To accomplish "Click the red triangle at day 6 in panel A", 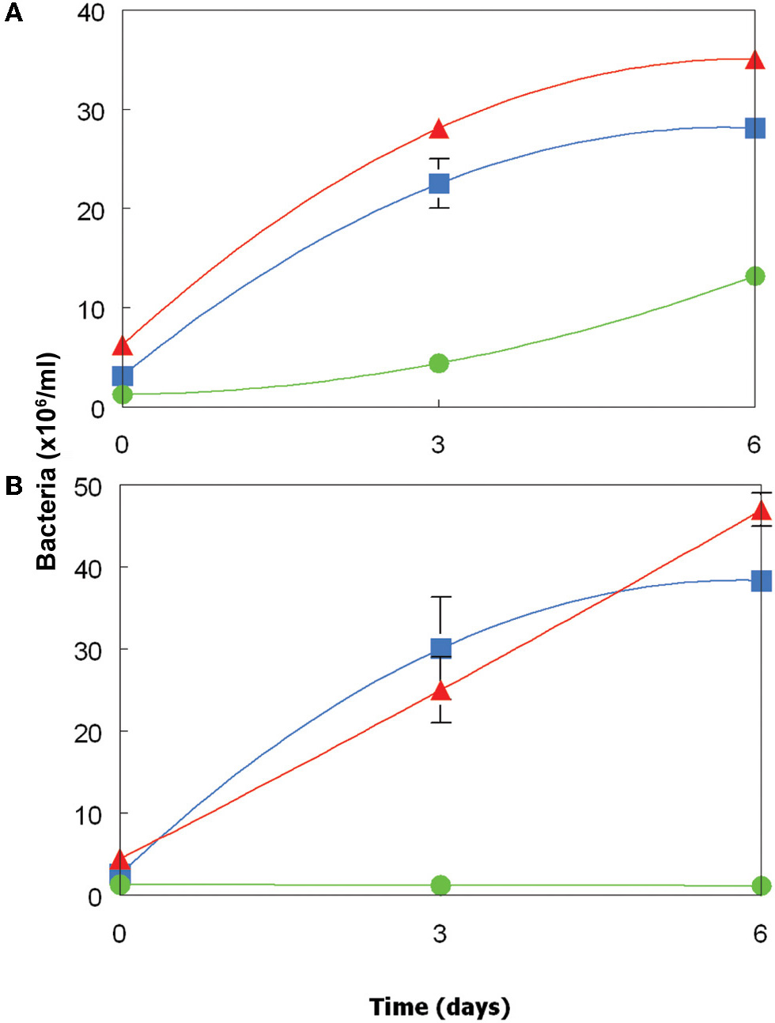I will pyautogui.click(x=754, y=60).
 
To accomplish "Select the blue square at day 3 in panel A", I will pyautogui.click(x=439, y=183).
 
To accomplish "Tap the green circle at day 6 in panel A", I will pyautogui.click(x=754, y=276).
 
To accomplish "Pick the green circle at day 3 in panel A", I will pyautogui.click(x=439, y=364).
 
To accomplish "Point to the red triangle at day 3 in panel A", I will pyautogui.click(x=439, y=129).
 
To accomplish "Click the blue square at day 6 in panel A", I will pyautogui.click(x=754, y=128).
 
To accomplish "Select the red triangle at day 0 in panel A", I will pyautogui.click(x=123, y=345).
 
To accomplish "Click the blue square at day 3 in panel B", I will pyautogui.click(x=440, y=649).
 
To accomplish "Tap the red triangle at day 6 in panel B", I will pyautogui.click(x=761, y=511).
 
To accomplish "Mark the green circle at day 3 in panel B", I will pyautogui.click(x=440, y=885).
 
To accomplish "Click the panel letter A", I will pyautogui.click(x=13, y=13).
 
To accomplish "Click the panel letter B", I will pyautogui.click(x=13, y=485).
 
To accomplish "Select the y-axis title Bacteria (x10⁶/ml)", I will pyautogui.click(x=47, y=462).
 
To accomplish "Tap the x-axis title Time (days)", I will pyautogui.click(x=440, y=1007).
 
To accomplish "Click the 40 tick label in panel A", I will pyautogui.click(x=91, y=13).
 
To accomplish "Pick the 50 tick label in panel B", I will pyautogui.click(x=89, y=487).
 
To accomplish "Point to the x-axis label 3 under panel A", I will pyautogui.click(x=438, y=444).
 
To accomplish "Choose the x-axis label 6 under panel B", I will pyautogui.click(x=759, y=934).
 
